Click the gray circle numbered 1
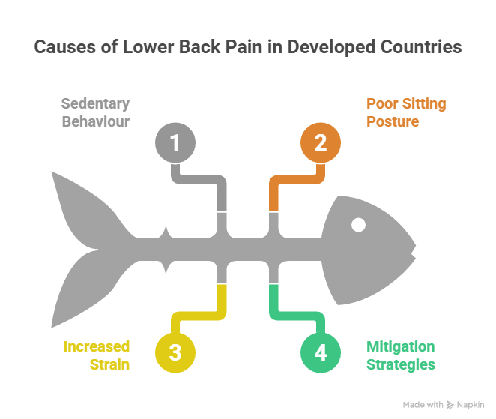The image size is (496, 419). click(175, 142)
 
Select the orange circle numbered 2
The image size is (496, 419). click(321, 142)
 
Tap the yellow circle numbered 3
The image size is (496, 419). click(175, 352)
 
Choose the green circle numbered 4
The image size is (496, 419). click(321, 352)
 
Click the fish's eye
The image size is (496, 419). click(359, 224)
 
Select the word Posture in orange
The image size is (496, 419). click(393, 121)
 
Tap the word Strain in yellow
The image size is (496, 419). click(112, 365)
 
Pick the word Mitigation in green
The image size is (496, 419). click(400, 347)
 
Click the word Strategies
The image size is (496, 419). click(401, 365)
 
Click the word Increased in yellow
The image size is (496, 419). click(97, 347)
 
